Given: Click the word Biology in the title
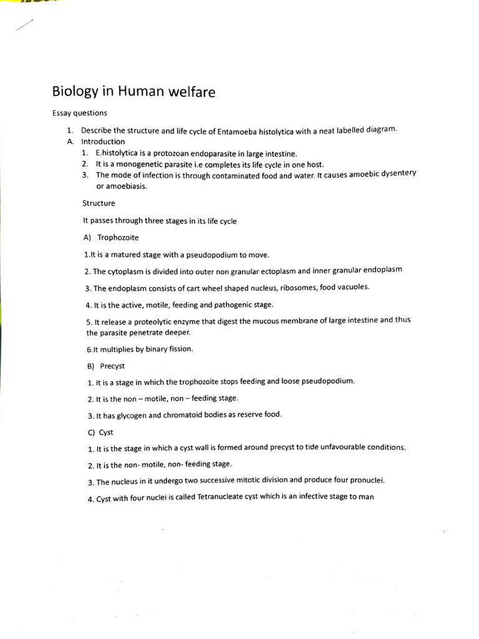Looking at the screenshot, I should (x=74, y=92).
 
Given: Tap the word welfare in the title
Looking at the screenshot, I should (x=191, y=92).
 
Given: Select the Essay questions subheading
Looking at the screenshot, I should (x=80, y=113).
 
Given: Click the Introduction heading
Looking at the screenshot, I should (x=103, y=142).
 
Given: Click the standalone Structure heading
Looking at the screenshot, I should (x=99, y=203).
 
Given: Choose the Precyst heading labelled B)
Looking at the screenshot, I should (x=112, y=366).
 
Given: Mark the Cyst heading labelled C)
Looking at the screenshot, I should (x=106, y=432).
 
